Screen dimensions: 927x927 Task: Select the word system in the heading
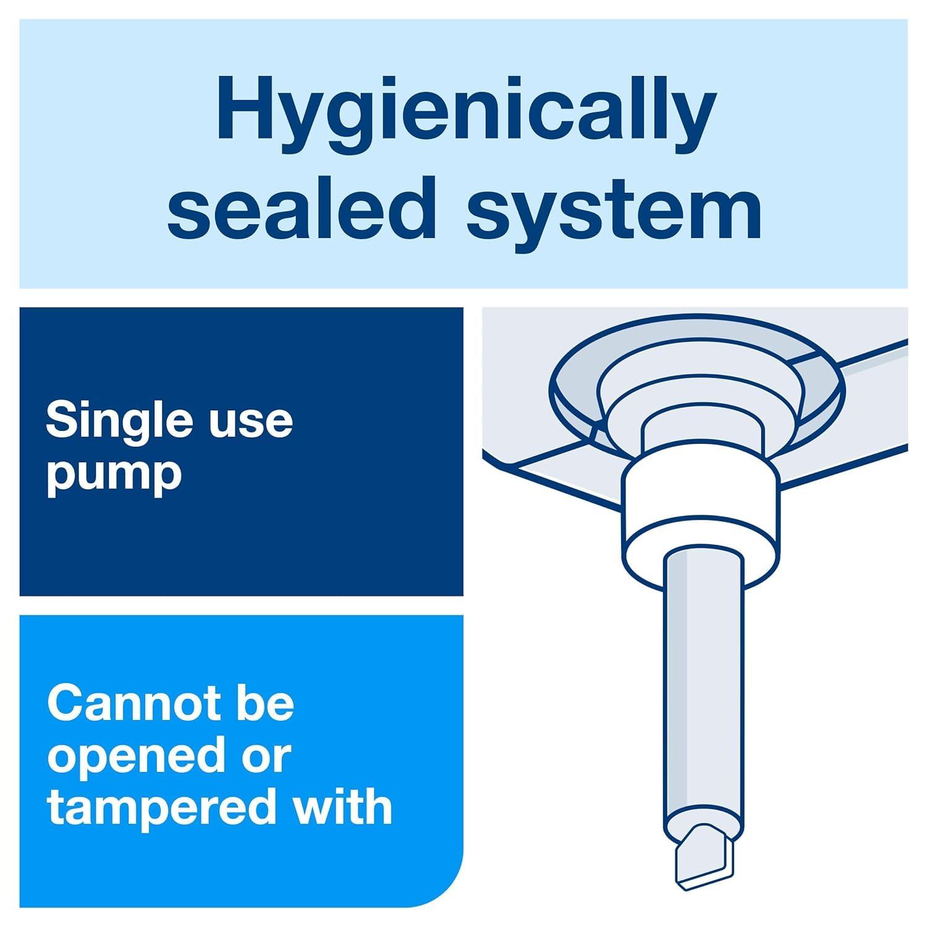click(614, 213)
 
